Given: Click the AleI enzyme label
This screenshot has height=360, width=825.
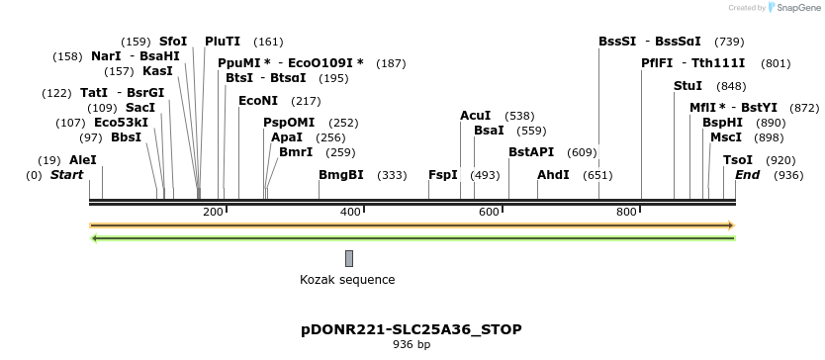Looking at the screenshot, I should pos(83,160).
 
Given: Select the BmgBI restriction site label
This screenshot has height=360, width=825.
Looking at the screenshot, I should pos(341,175).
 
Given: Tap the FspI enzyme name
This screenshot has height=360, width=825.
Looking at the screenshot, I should pos(443,175).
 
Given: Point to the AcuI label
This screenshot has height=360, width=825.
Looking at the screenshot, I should pos(475,116).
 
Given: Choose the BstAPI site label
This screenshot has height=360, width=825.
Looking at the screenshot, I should pos(531,152).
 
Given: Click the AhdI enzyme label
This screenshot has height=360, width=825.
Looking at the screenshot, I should pos(553,175).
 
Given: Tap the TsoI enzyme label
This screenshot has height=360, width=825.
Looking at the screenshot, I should pos(738,160).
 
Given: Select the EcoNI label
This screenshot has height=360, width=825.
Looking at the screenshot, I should pos(258,101).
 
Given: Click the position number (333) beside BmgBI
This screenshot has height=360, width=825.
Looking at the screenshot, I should pos(392,175).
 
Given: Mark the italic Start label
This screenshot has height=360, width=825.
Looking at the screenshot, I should pos(66,175).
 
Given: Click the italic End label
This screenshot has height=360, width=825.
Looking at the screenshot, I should pos(747,175).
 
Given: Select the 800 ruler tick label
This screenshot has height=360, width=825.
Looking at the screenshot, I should pos(625,213).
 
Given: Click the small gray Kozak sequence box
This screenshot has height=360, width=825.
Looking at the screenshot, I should pos(349,258).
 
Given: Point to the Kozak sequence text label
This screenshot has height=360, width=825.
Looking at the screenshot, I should pos(347,280).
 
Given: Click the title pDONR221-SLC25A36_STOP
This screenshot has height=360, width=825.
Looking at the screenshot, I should pos(412,329).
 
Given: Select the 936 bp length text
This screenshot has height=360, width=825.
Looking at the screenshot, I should pos(412,345).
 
